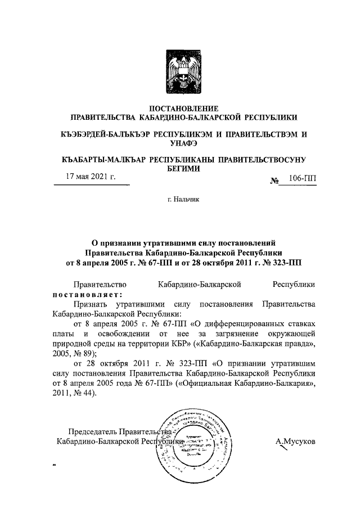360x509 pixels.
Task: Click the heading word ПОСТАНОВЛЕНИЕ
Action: (183, 107)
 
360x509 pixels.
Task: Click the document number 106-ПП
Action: (302, 179)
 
